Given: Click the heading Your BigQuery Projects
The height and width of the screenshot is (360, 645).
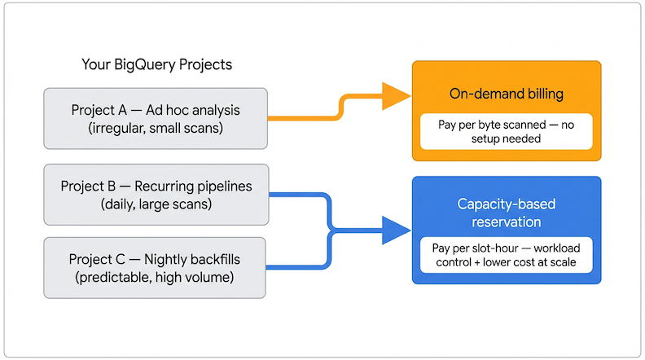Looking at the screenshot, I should click(156, 64).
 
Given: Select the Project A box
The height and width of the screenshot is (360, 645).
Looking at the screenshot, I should click(156, 118).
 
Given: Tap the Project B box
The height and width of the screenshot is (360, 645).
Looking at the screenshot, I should click(156, 195).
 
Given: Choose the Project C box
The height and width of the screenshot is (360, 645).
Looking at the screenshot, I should click(156, 268).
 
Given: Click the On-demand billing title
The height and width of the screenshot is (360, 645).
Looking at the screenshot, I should click(506, 94).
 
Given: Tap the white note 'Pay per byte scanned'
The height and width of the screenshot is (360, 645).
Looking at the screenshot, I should click(506, 131).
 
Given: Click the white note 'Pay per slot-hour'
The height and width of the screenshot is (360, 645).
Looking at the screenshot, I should click(506, 255).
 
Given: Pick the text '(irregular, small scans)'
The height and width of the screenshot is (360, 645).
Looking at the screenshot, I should click(156, 128).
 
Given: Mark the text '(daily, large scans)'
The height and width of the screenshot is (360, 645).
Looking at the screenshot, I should click(156, 204).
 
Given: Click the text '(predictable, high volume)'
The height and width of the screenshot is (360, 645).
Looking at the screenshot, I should click(156, 278).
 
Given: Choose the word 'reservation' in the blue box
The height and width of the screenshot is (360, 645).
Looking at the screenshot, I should click(506, 221).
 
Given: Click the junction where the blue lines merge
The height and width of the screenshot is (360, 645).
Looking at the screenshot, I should click(328, 230).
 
